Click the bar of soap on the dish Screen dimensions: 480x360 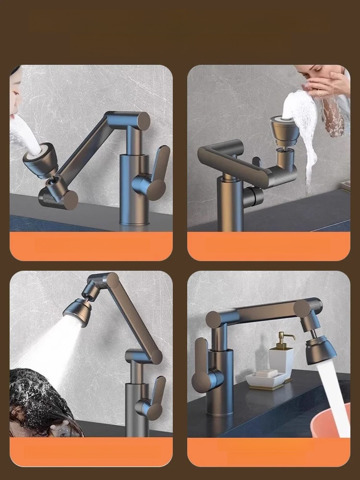click(263, 374)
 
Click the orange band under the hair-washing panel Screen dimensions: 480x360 click(91, 452)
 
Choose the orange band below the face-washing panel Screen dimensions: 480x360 click(269, 246)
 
